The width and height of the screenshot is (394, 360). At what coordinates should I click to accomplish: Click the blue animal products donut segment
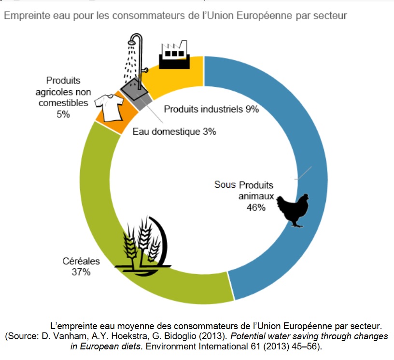[309, 145]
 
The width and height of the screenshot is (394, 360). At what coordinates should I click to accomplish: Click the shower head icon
[136, 41]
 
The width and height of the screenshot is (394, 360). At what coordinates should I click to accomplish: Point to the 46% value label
[255, 208]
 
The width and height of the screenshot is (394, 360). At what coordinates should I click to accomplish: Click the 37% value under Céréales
[81, 272]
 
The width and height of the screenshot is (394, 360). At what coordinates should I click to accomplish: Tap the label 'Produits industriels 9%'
[211, 109]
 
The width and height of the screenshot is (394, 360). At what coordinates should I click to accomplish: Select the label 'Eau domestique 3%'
[174, 131]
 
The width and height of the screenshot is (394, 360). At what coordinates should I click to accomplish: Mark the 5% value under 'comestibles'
[63, 114]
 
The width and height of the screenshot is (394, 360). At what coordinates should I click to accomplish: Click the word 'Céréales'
[81, 261]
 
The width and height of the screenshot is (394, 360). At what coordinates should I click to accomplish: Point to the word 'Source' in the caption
[24, 335]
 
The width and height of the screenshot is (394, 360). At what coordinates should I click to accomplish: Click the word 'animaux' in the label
[256, 196]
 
